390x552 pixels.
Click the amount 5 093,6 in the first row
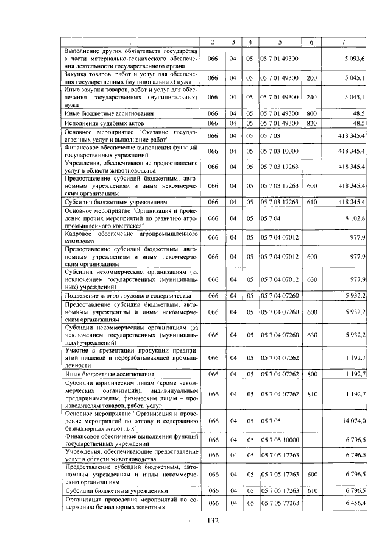coord(354,59)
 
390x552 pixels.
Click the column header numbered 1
coord(129,41)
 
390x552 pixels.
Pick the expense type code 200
coord(311,78)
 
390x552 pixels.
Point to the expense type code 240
coord(311,97)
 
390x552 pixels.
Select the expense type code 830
coord(311,123)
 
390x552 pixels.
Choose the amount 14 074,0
coord(353,421)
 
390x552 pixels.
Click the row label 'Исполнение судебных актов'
coord(102,123)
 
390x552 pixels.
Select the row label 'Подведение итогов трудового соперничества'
coord(125,295)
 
